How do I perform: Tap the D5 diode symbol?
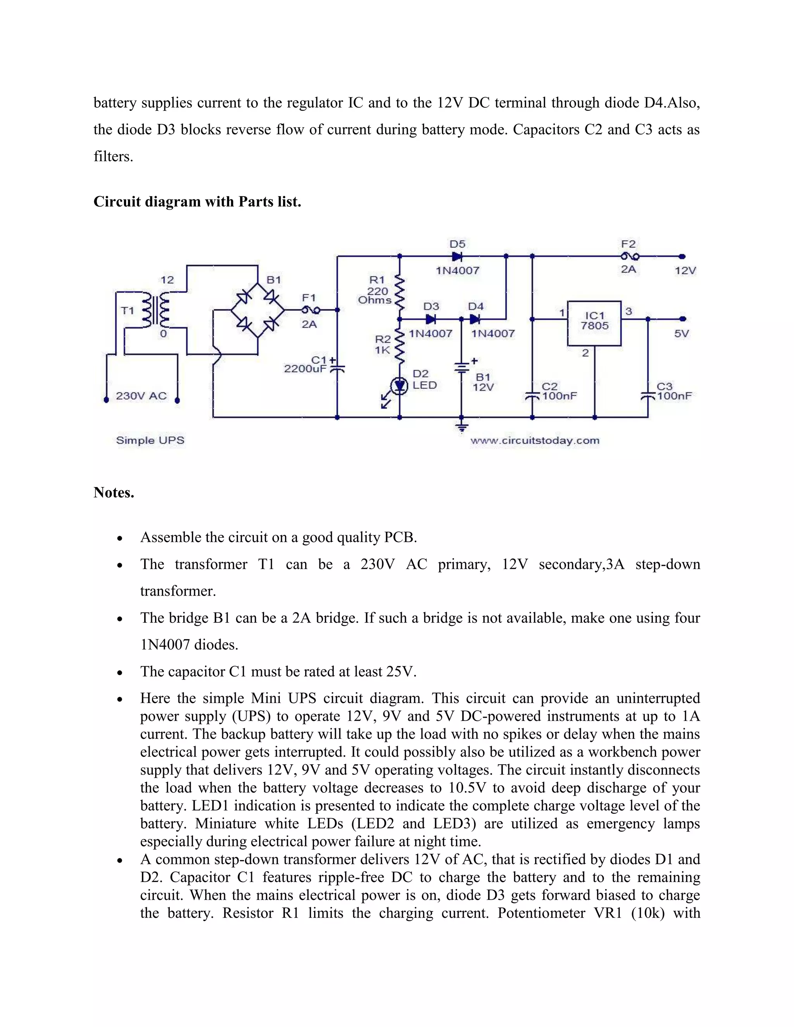pos(457,256)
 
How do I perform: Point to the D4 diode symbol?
pos(475,319)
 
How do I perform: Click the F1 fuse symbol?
pos(310,310)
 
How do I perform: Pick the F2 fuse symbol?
pos(629,256)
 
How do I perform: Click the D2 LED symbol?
pos(400,386)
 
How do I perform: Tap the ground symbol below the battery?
pos(462,427)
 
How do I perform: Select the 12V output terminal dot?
pos(682,256)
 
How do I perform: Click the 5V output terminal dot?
pos(682,319)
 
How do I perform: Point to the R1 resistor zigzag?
pos(400,291)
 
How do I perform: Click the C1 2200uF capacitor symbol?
pos(337,368)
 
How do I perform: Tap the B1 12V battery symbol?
pos(461,367)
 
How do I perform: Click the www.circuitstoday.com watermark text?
pos(535,441)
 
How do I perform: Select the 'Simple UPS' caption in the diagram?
pos(150,441)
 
